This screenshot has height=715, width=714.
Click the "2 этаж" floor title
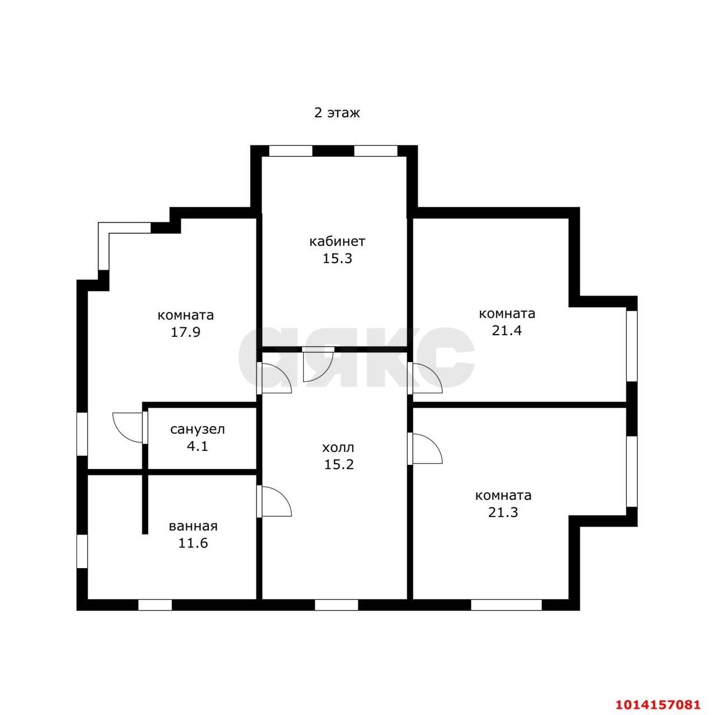(337, 112)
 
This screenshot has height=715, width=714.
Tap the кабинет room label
(337, 241)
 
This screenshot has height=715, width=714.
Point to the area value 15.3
(337, 258)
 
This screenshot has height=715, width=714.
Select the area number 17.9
(186, 332)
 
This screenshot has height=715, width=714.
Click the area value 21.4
(507, 330)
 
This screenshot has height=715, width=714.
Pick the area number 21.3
(503, 512)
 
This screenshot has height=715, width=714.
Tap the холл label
(338, 447)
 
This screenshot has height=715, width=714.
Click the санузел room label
(197, 430)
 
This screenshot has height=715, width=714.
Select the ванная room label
(193, 526)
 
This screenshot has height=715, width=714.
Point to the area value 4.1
(197, 446)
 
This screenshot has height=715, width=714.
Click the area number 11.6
(193, 543)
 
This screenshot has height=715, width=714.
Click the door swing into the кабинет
(318, 364)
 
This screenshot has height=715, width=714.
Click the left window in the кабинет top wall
(291, 151)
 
